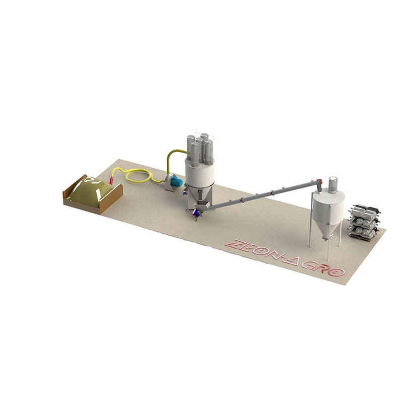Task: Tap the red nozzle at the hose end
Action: (111, 178)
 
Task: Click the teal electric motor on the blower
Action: (177, 181)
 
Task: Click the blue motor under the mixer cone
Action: (196, 213)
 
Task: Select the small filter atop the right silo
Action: (333, 184)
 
